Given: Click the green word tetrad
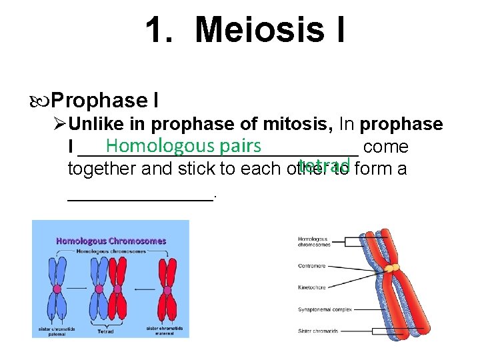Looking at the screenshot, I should (325, 165).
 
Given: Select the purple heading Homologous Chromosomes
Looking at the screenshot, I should (111, 241).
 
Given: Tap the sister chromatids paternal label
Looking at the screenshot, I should (57, 331).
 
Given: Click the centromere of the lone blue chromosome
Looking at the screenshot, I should (57, 289).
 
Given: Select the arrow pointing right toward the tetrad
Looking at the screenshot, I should (77, 289).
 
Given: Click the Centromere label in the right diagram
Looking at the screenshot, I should (312, 265).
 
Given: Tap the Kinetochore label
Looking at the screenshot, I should (312, 287).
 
